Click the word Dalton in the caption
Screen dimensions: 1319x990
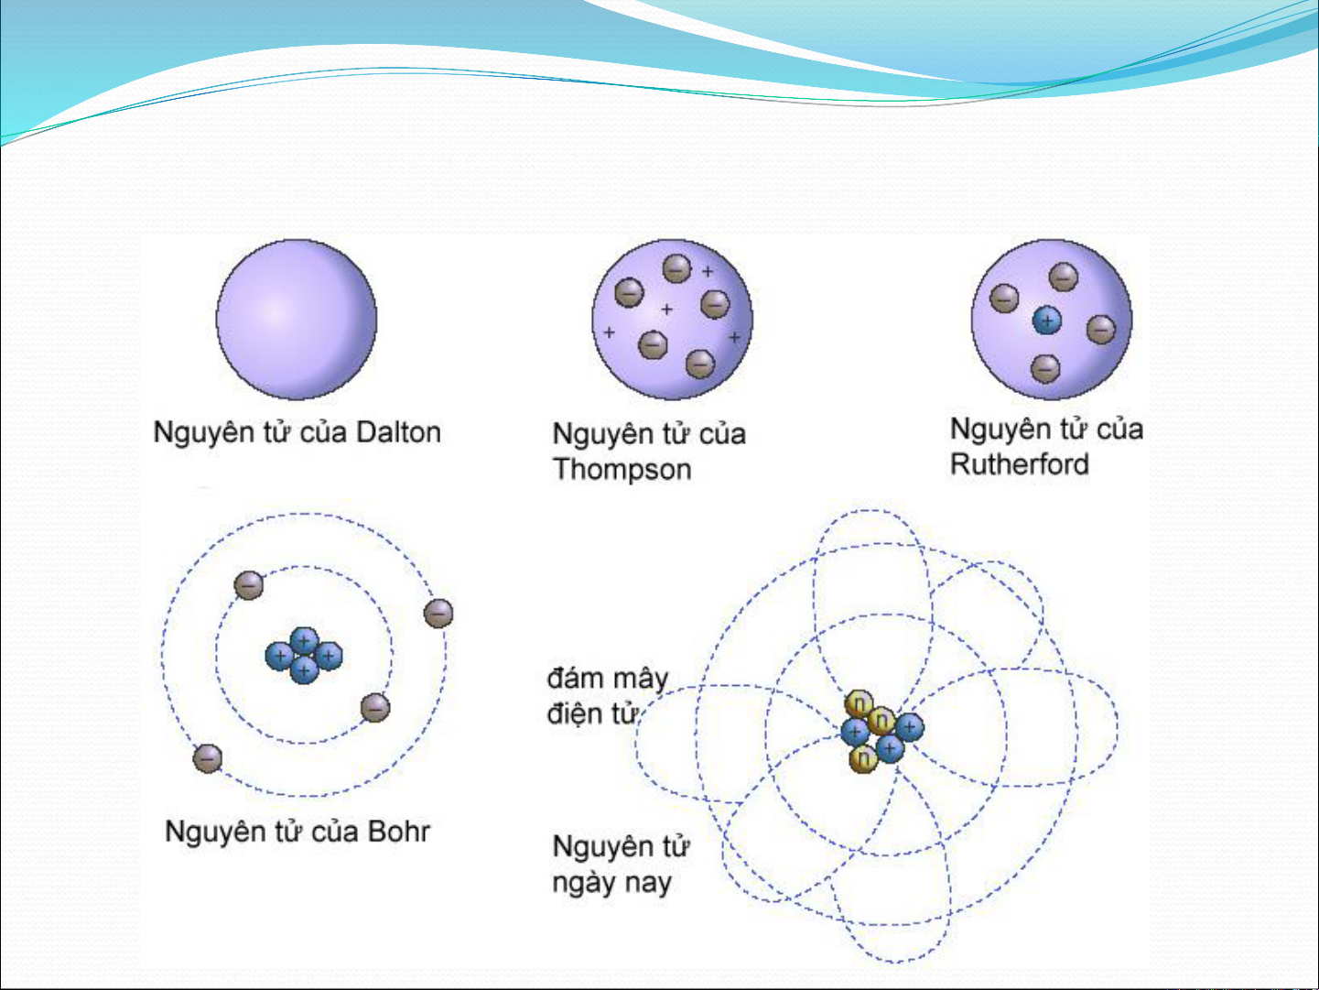tap(398, 432)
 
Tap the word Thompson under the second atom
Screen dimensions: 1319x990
tap(622, 469)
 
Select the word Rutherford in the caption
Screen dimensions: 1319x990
tap(1019, 464)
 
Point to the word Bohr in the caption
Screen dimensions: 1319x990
tap(398, 832)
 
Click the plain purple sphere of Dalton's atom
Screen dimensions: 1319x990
tap(297, 320)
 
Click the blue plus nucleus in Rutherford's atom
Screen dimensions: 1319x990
tap(1047, 321)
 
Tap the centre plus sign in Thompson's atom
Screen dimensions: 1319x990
tap(666, 310)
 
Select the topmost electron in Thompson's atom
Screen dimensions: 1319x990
tap(676, 268)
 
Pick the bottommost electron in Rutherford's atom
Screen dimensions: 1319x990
tap(1045, 368)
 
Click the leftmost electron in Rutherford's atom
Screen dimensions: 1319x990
tap(1003, 299)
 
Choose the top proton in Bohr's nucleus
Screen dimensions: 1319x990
tap(304, 641)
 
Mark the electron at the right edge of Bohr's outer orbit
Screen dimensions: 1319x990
tap(438, 613)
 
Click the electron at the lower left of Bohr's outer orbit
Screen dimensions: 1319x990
tap(207, 758)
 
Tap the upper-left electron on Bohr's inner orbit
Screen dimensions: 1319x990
tap(249, 585)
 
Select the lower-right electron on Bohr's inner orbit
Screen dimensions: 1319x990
tap(375, 708)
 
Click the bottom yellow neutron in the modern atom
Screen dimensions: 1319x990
tap(863, 758)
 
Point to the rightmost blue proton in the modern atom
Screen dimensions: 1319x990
tap(909, 727)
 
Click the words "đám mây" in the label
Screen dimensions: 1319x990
tap(608, 680)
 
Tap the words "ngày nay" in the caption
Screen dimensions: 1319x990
tap(611, 884)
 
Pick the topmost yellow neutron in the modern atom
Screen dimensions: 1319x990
tap(860, 703)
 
